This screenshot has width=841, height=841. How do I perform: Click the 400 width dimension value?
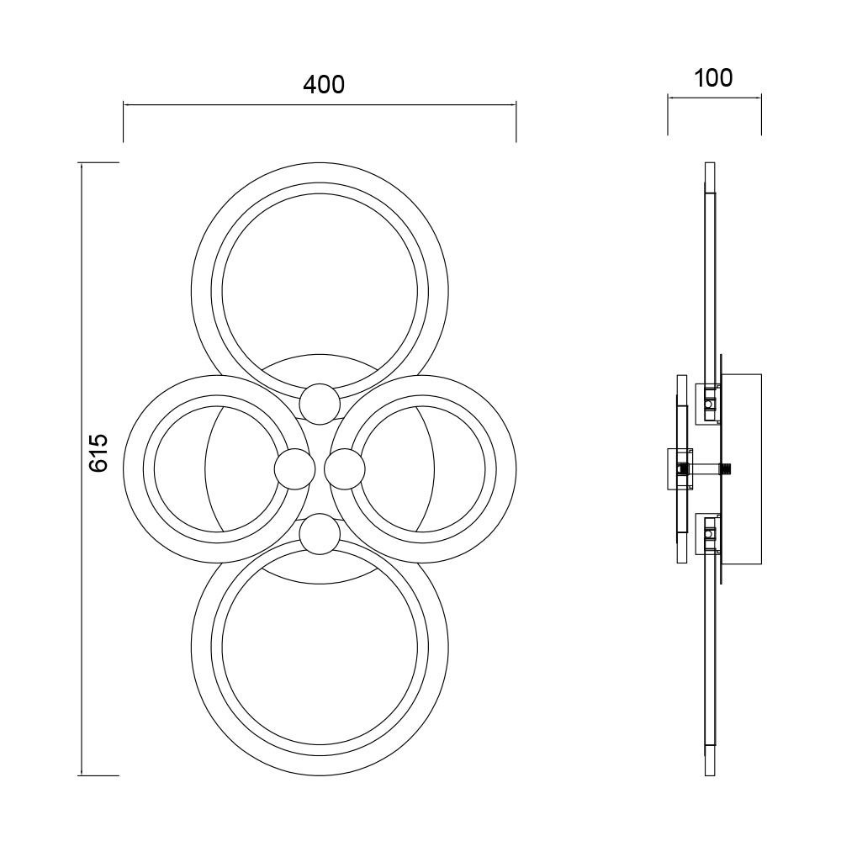tap(324, 84)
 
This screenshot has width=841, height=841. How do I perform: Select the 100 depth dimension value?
tap(713, 77)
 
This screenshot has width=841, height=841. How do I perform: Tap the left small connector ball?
tap(294, 468)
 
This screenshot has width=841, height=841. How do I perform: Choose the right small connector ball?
tap(344, 468)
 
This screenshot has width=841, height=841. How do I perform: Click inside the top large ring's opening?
tap(319, 286)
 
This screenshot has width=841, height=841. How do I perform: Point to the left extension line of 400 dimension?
tap(124, 123)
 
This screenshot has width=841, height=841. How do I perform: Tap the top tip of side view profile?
tap(710, 165)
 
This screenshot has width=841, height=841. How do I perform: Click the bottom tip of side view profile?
tap(710, 773)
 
